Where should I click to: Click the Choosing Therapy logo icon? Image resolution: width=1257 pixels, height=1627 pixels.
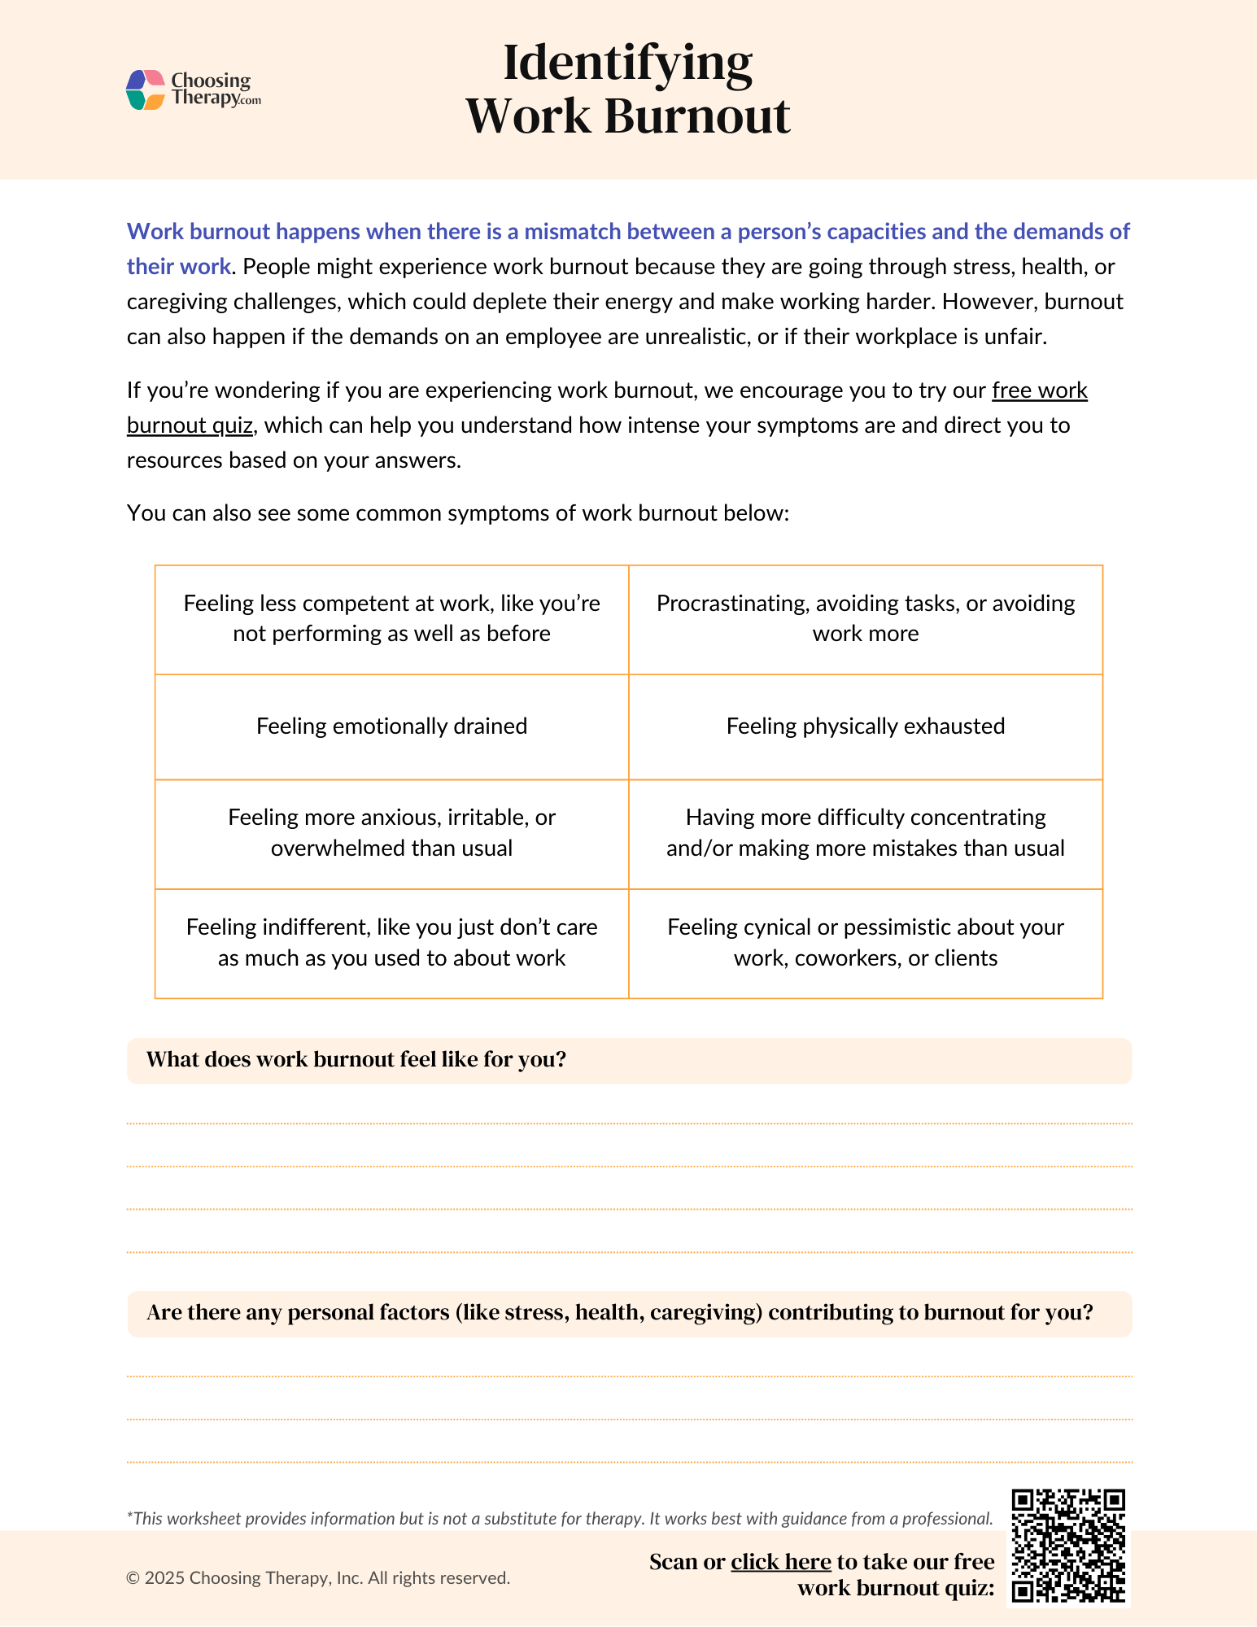(146, 89)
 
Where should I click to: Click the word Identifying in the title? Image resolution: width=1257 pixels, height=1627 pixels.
(627, 63)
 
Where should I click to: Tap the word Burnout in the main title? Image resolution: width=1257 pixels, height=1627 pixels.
(696, 116)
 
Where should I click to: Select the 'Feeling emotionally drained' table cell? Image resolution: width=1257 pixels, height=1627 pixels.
(391, 726)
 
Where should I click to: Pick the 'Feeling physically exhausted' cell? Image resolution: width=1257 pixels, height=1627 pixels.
(865, 726)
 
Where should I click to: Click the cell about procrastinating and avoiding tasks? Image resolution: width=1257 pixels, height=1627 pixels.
(865, 618)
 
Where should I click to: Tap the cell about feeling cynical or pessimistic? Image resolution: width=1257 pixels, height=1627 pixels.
(865, 943)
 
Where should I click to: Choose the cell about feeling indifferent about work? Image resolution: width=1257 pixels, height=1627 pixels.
(391, 943)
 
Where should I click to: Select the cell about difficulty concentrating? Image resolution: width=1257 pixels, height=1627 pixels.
(865, 833)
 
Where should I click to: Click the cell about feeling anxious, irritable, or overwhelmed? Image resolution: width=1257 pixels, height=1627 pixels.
(391, 833)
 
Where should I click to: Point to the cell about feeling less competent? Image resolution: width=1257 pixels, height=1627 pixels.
(391, 618)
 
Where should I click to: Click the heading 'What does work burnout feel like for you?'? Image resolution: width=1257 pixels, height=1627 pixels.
(356, 1060)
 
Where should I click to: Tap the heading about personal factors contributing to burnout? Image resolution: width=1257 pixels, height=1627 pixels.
(619, 1313)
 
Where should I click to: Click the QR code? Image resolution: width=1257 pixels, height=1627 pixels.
(1067, 1546)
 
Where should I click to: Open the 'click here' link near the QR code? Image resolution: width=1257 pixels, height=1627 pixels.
(780, 1562)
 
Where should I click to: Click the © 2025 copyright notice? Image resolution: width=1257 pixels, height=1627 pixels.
(318, 1578)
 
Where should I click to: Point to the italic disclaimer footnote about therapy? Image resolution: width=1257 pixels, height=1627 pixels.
(560, 1519)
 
